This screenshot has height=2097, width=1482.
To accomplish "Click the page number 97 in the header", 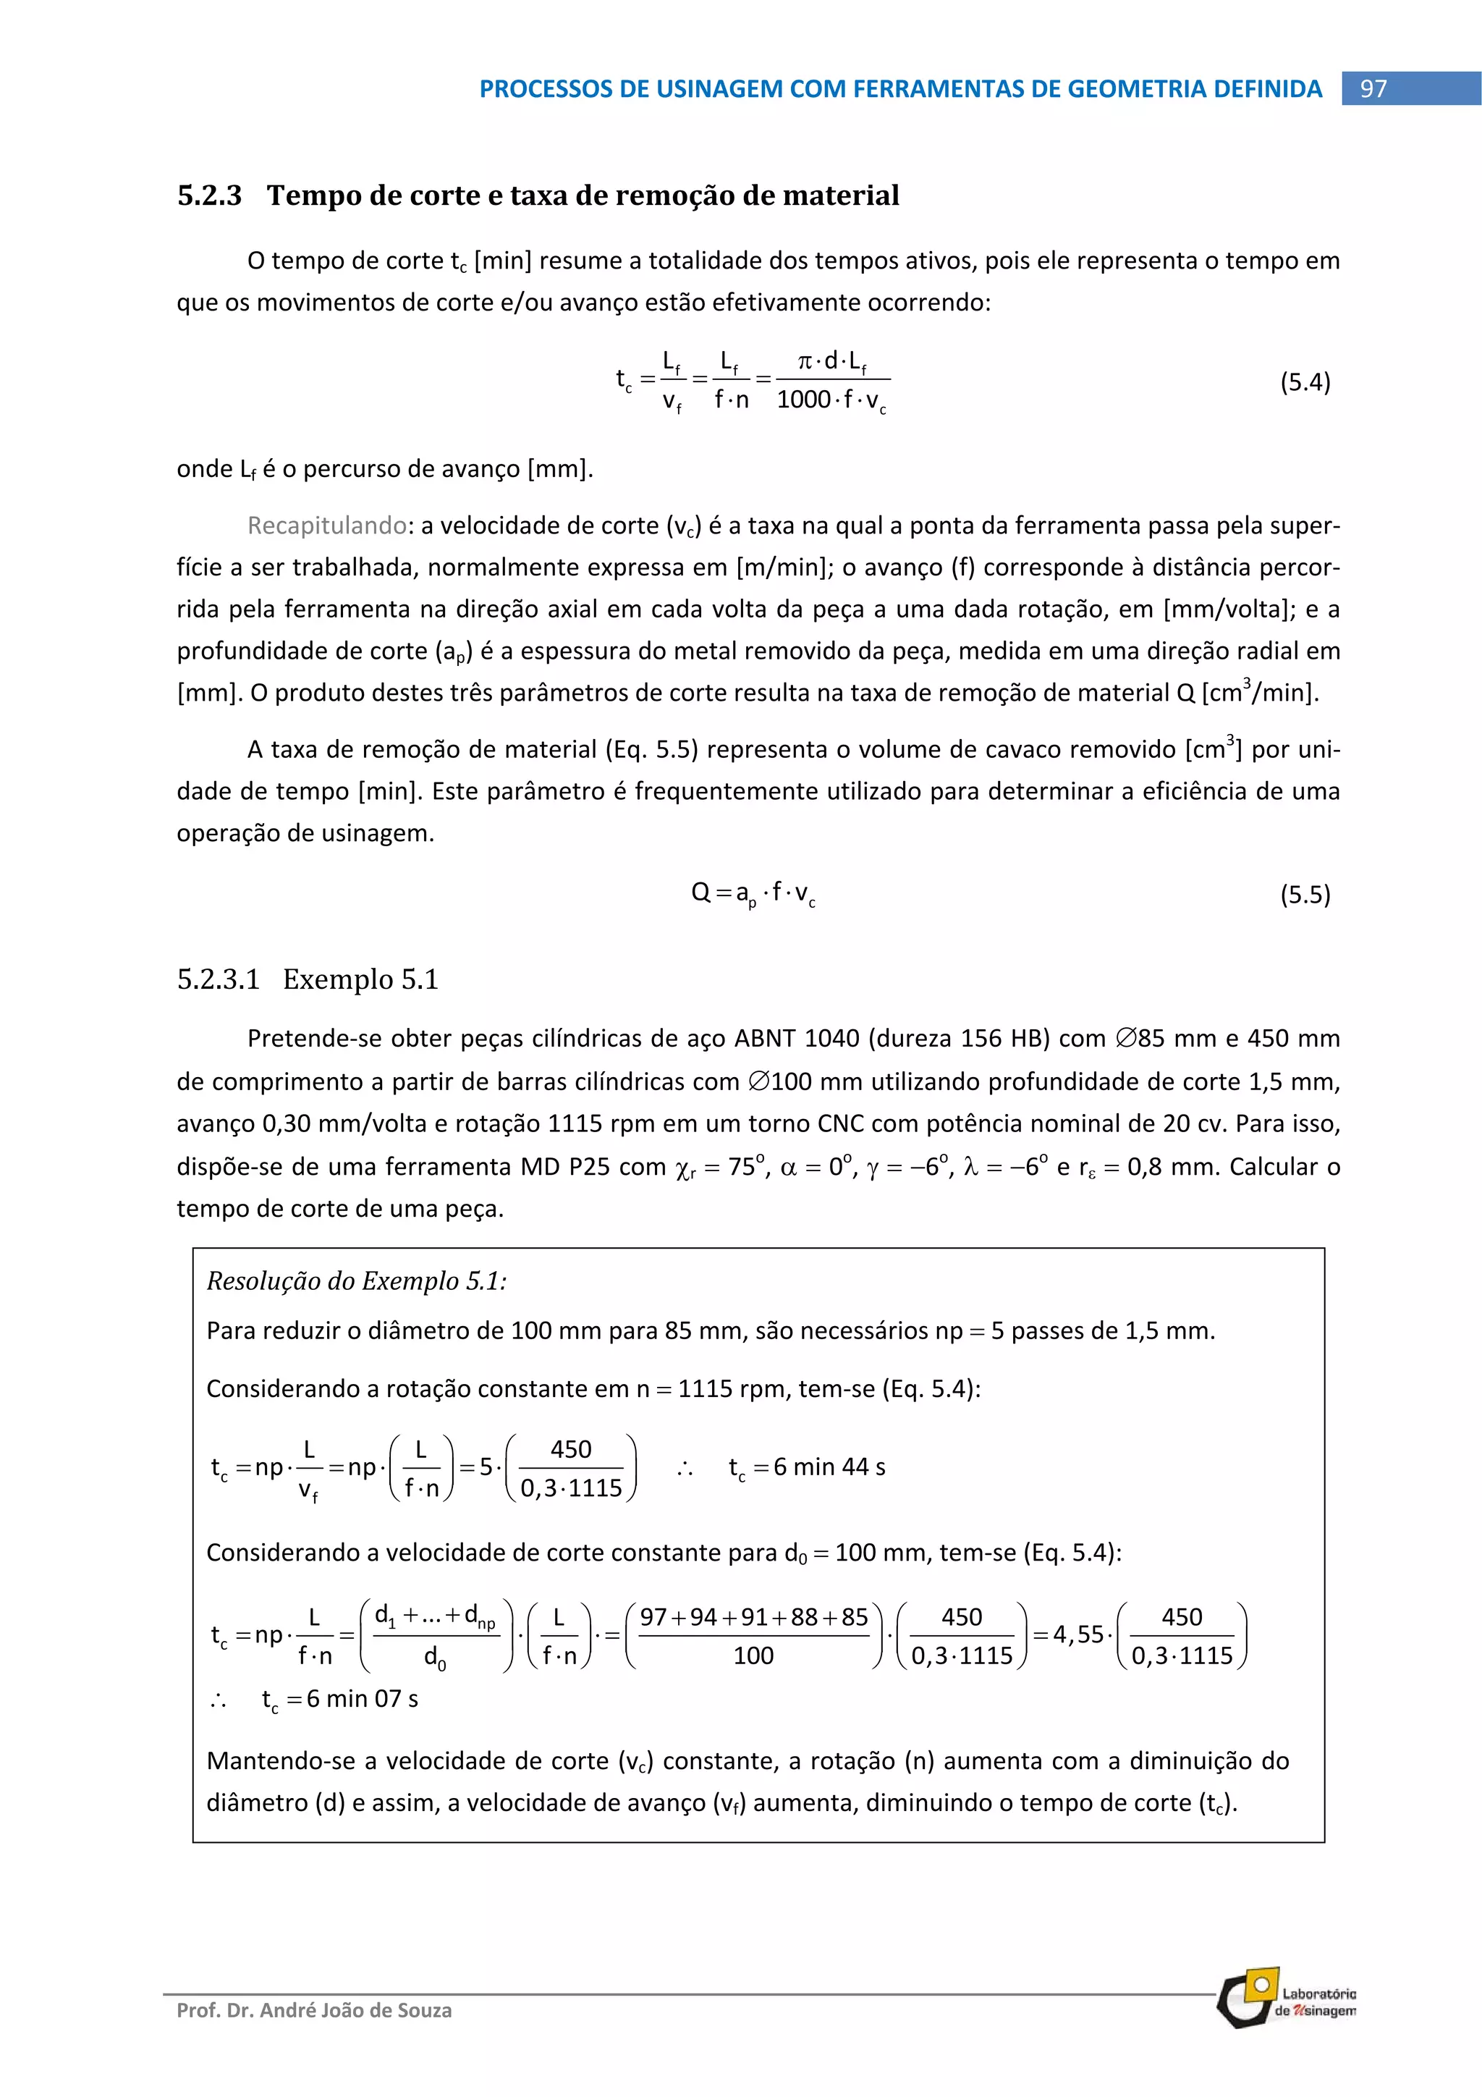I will pyautogui.click(x=1373, y=88).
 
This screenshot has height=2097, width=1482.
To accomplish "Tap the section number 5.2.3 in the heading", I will pyautogui.click(x=210, y=195).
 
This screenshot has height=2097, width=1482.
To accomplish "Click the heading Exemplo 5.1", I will pyautogui.click(x=360, y=979).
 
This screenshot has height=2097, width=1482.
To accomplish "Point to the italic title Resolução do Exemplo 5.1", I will pyautogui.click(x=356, y=1280).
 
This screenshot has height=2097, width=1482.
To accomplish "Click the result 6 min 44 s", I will pyautogui.click(x=829, y=1467).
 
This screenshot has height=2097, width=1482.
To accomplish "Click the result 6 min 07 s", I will pyautogui.click(x=362, y=1699).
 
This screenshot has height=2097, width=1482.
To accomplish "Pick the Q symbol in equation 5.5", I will pyautogui.click(x=700, y=893).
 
